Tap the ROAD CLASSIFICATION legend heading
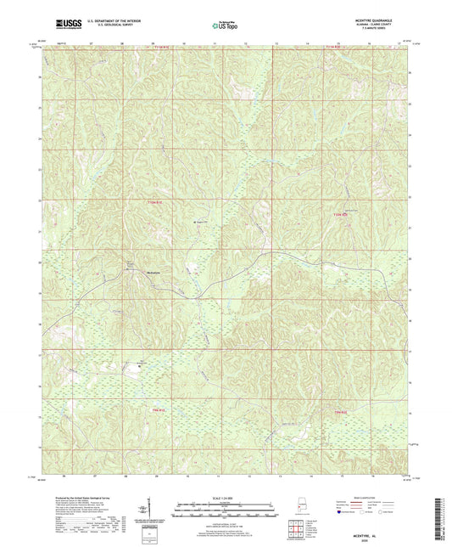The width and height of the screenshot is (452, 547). pos(367,491)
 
